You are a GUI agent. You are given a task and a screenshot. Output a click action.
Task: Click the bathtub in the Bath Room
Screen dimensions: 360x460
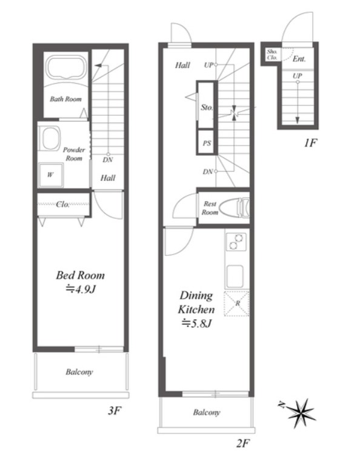[67, 68]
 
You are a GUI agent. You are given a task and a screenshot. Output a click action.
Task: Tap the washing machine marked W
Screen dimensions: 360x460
[50, 175]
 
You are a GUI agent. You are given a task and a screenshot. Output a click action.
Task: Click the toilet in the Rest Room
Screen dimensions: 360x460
[235, 208]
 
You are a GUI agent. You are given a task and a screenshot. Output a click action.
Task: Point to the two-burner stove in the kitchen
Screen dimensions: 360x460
[236, 241]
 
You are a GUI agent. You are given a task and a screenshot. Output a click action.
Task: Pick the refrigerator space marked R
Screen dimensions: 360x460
[236, 304]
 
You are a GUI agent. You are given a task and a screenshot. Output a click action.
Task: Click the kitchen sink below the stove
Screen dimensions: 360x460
[235, 276]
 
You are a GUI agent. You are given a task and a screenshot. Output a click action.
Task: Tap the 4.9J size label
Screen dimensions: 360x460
[81, 290]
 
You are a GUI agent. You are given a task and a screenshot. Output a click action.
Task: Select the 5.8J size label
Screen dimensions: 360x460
[196, 323]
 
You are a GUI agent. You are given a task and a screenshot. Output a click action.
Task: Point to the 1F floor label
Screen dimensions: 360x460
[310, 143]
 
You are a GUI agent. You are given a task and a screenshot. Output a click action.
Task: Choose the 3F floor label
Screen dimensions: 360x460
[115, 410]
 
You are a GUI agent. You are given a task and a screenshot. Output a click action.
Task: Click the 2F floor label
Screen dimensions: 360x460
[243, 443]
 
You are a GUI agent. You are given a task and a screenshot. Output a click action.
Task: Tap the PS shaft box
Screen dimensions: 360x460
[207, 142]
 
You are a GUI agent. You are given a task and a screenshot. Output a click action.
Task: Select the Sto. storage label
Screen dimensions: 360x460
[207, 107]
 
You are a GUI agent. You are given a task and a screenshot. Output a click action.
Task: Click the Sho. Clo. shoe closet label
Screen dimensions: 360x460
[272, 55]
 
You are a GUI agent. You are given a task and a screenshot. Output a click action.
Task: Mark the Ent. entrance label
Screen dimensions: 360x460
[299, 59]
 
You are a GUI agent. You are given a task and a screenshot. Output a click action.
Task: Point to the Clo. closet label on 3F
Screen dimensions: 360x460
[63, 204]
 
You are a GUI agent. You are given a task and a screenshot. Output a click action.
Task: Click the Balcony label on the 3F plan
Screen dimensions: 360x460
[79, 372]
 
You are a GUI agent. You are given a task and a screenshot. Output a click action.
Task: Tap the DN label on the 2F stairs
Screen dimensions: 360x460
[207, 172]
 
